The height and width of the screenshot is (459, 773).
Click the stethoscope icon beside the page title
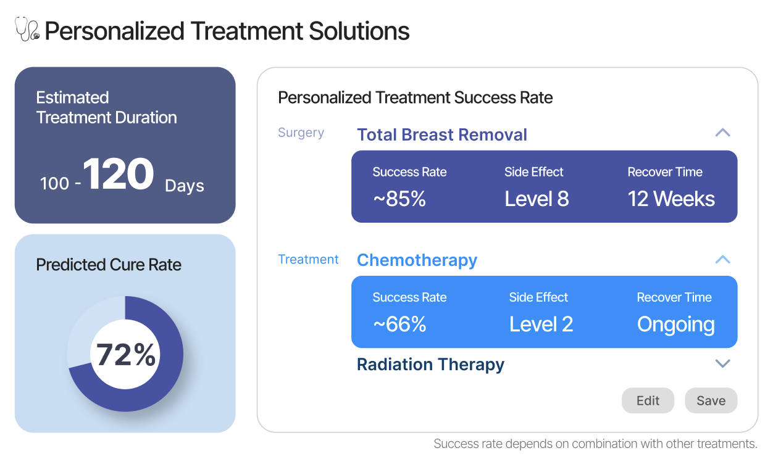coord(27,30)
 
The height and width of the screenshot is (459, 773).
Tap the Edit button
coord(648,400)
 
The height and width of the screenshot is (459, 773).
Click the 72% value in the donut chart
coord(126,355)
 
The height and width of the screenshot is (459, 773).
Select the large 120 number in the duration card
coord(119,175)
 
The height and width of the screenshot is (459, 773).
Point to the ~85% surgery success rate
coord(399,199)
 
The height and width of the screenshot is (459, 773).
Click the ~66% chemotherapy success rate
coord(399,325)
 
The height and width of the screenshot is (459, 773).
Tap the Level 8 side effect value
coord(537,199)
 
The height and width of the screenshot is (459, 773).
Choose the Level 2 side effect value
coord(541,325)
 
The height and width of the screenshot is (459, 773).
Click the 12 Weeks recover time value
coord(671,199)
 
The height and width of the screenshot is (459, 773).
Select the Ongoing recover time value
coord(675,325)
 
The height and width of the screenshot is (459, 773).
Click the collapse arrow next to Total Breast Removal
coord(722,133)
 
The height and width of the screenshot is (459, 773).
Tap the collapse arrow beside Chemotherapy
coord(722,260)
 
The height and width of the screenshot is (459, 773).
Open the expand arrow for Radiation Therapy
coord(722,364)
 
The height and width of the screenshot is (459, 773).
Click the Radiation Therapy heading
coord(430,365)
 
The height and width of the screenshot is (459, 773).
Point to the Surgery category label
coord(301,133)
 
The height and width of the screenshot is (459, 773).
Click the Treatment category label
coord(308,260)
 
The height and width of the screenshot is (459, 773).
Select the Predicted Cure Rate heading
coord(109,265)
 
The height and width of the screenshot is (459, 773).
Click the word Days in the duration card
coord(184,186)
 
